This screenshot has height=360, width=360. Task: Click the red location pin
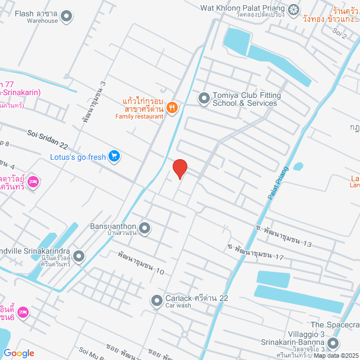coord(179,168)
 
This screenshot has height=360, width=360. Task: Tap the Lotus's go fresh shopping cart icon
coord(114,156)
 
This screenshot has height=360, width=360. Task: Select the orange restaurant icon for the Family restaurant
coord(173,106)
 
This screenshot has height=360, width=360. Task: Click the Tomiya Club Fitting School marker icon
coord(203,99)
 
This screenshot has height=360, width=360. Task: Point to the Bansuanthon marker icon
coord(145,228)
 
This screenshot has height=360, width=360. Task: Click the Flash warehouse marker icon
coord(67,16)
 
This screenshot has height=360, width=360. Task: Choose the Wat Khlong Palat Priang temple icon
coord(294,9)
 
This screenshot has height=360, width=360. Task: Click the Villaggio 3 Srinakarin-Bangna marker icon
coord(332,342)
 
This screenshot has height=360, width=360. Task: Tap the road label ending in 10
coord(141,263)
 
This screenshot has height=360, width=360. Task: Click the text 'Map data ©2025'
coord(336,355)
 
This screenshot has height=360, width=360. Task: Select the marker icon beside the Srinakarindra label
coord(78,256)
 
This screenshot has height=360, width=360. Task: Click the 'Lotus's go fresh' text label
coord(78,157)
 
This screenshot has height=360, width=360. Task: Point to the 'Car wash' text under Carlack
coord(178,306)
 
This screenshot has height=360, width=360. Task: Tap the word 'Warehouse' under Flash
coord(42,21)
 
